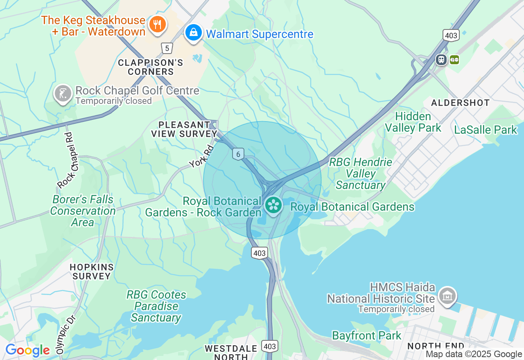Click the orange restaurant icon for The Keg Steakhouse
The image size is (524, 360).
157,24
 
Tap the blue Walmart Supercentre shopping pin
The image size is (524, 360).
194,32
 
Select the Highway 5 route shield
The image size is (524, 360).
166,48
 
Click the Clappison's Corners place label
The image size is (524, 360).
151,67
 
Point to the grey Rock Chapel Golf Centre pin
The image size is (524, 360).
63,94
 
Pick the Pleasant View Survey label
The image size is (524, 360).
184,129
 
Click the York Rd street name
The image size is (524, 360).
202,157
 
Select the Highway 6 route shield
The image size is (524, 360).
238,154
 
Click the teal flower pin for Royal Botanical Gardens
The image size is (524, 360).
273,205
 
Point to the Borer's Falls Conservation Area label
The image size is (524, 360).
83,211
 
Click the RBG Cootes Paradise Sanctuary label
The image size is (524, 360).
156,306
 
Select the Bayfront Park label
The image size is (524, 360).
366,336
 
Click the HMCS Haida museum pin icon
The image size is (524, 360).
447,295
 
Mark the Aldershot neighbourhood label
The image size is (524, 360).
461,103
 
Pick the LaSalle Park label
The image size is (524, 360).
486,130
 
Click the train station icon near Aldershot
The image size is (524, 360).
441,60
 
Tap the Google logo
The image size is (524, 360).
27,350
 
